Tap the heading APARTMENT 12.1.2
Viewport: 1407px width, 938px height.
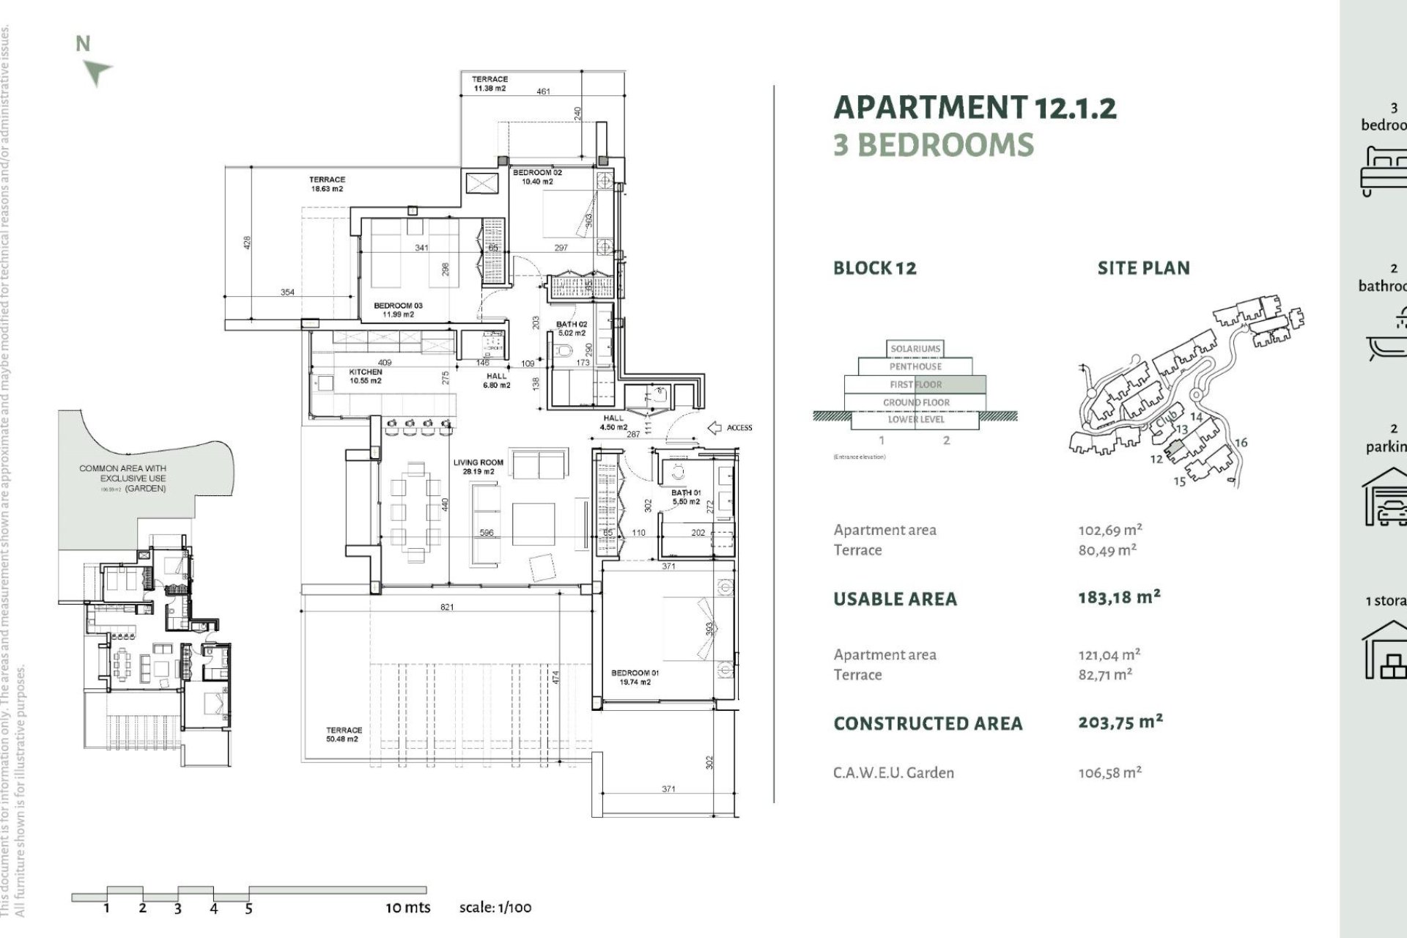click(975, 108)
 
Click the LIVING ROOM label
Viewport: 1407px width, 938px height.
click(478, 467)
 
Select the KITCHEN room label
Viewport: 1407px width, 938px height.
click(365, 376)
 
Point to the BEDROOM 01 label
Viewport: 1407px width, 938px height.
click(635, 677)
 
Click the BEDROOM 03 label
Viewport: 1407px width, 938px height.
click(398, 310)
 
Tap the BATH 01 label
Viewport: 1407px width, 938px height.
click(686, 497)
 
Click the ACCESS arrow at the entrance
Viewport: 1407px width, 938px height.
click(714, 428)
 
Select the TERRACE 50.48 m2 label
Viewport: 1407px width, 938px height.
click(344, 734)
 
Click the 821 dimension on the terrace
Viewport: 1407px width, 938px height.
click(447, 607)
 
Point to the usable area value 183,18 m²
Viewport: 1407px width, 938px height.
click(1119, 597)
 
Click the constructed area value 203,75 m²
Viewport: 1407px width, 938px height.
click(1120, 723)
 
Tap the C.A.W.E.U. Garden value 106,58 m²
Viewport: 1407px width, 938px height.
click(1109, 772)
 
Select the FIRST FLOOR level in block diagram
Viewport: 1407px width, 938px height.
click(915, 384)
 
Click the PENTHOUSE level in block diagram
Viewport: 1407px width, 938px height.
click(915, 366)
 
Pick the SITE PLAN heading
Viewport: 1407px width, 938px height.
click(1143, 268)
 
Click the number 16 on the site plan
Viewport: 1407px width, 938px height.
click(1241, 443)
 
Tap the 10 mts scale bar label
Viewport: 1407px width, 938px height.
click(408, 907)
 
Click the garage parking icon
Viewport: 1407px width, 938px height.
click(1385, 498)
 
